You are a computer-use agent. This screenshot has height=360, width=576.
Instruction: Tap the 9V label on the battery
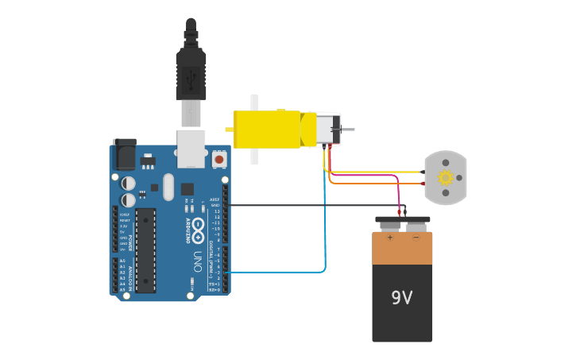402,298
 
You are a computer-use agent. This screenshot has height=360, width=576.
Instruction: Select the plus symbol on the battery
389,237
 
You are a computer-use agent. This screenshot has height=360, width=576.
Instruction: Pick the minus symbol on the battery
415,237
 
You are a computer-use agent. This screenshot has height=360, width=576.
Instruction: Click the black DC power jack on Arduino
124,154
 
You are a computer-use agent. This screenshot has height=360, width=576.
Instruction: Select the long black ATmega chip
145,250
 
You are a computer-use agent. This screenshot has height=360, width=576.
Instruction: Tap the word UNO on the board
197,262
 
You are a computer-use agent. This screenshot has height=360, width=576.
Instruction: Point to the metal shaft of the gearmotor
347,130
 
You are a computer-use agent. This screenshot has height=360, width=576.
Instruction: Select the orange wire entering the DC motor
373,184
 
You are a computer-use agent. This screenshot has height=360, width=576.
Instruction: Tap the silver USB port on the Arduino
191,149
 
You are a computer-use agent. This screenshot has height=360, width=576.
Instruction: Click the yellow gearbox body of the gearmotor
266,130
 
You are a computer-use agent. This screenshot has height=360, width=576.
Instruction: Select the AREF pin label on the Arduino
215,199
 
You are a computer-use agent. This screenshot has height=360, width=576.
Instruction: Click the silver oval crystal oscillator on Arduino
168,188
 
